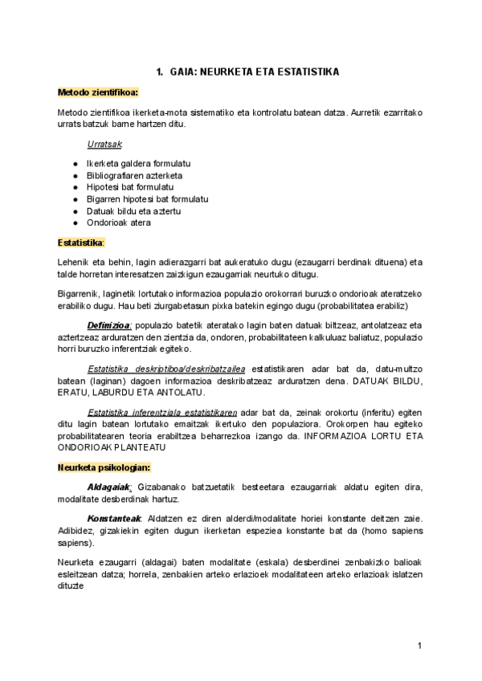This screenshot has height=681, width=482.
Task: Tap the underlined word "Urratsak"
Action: (104, 144)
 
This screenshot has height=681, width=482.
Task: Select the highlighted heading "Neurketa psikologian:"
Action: (104, 467)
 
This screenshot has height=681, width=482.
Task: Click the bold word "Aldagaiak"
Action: (108, 487)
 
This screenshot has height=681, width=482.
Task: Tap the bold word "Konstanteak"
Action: (112, 518)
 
